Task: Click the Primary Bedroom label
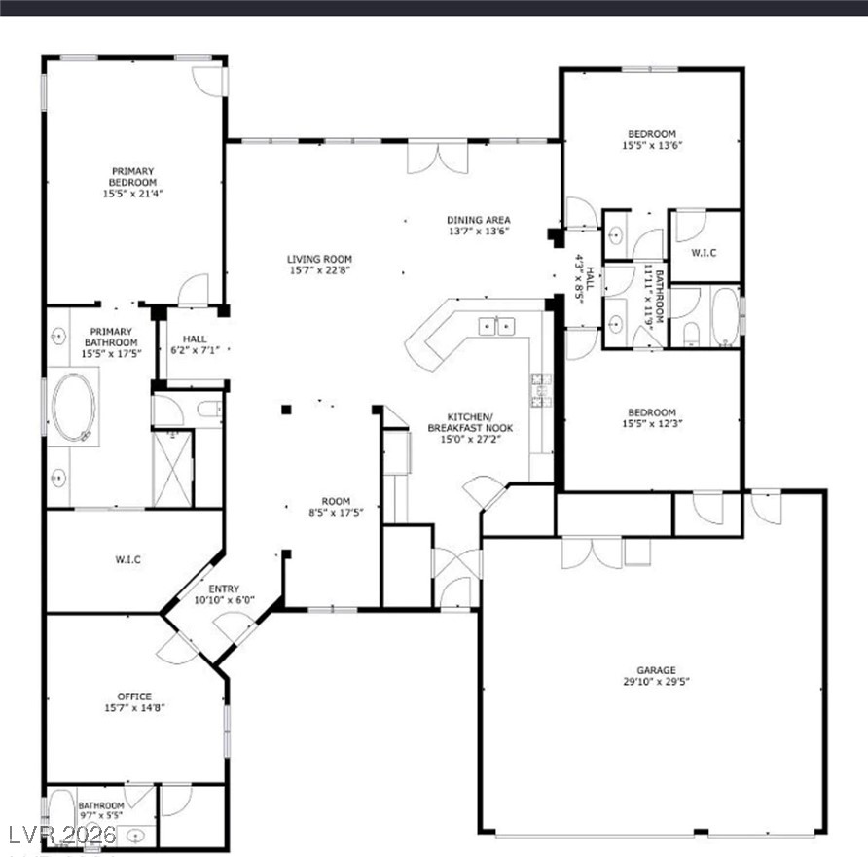click(x=133, y=177)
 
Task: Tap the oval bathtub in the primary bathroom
click(x=74, y=408)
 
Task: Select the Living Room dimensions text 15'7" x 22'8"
click(x=320, y=270)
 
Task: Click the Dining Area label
click(x=479, y=220)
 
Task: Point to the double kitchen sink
click(x=496, y=327)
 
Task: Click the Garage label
click(x=656, y=670)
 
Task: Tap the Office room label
click(x=134, y=696)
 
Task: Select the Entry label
click(x=224, y=589)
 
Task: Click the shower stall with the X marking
click(x=172, y=469)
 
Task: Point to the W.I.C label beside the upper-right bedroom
click(x=704, y=253)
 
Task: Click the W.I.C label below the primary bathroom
click(x=127, y=560)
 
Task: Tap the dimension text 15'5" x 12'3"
click(x=652, y=424)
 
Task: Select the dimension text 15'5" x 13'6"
click(x=652, y=146)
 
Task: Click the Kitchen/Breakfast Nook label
click(x=471, y=423)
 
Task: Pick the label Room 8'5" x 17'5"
click(x=336, y=507)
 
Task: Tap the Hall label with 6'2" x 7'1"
click(x=195, y=344)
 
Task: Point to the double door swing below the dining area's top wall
click(x=438, y=159)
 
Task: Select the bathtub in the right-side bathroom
click(x=725, y=316)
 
